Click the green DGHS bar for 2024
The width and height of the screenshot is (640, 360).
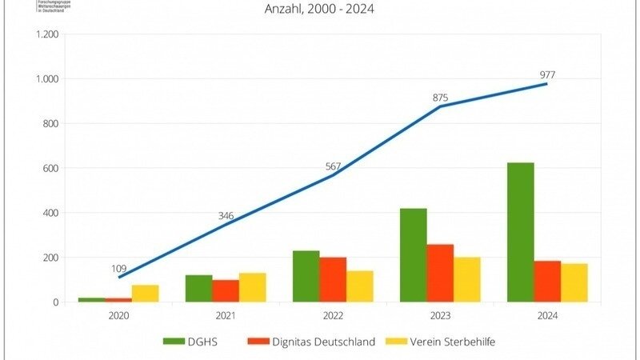[521, 232]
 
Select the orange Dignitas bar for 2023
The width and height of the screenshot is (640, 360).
[441, 273]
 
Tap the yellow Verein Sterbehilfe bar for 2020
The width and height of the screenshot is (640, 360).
[146, 293]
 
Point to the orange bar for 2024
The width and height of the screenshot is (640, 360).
[547, 281]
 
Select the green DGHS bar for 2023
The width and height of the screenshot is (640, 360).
[414, 254]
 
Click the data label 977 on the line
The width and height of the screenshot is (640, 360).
[547, 75]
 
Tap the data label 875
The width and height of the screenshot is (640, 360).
[440, 98]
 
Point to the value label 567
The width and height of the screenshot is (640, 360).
[333, 166]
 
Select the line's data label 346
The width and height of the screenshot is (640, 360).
[226, 216]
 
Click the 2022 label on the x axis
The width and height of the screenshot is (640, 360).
[333, 315]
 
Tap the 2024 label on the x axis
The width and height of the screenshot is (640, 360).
[547, 315]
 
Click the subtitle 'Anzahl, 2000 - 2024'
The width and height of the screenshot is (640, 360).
[320, 10]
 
